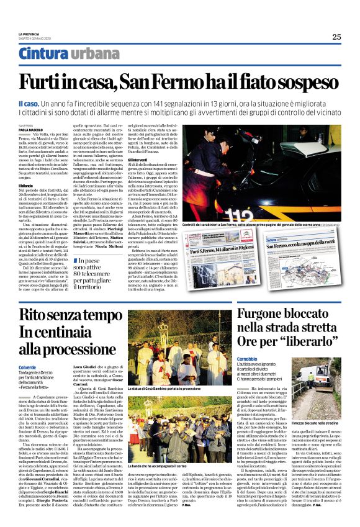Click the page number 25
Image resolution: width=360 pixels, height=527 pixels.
pyautogui.click(x=336, y=37)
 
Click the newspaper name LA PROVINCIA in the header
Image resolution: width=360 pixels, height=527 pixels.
pyautogui.click(x=29, y=34)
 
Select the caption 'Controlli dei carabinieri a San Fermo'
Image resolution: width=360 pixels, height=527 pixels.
pyautogui.click(x=233, y=223)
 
